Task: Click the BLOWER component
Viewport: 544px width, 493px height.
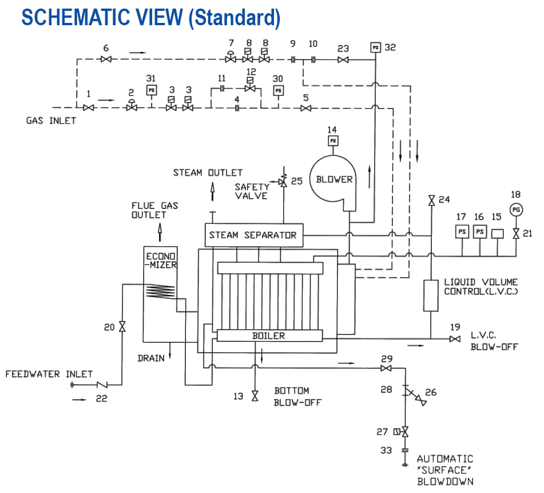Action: [334, 179]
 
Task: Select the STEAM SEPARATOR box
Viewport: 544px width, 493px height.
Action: [253, 235]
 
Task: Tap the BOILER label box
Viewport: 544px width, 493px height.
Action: [268, 336]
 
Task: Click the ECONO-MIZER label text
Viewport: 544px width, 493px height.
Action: [161, 261]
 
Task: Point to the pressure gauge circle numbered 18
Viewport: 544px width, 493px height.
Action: [516, 210]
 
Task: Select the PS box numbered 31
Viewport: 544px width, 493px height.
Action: [152, 90]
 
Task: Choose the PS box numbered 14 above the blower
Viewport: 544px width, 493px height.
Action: [332, 140]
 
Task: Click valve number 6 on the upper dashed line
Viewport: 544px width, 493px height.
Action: [105, 60]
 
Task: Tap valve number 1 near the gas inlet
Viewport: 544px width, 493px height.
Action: [88, 108]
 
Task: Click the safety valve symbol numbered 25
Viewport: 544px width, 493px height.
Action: [283, 182]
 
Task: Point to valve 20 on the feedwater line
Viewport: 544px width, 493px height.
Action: [122, 327]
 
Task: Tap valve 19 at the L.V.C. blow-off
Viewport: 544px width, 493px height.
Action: [455, 340]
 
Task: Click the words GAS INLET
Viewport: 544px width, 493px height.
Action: [50, 121]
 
